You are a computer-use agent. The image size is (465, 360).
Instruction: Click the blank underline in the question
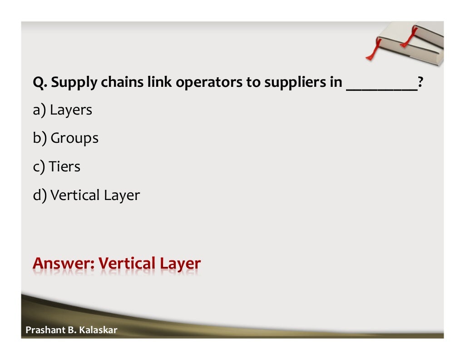[381, 90]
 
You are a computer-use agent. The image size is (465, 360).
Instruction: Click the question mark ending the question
[420, 83]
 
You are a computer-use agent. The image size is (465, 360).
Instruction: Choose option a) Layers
[62, 110]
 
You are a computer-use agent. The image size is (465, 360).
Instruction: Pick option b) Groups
[65, 138]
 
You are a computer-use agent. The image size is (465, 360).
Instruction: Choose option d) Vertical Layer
[86, 195]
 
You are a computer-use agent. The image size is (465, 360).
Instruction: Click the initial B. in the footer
[71, 330]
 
